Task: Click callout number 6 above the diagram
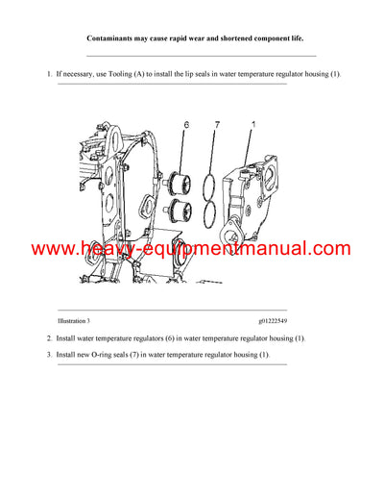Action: point(186,125)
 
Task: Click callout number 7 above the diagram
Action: point(218,125)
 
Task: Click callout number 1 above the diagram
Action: point(252,125)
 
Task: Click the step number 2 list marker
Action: point(49,338)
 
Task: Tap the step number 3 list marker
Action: point(49,355)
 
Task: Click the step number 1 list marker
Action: point(49,74)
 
